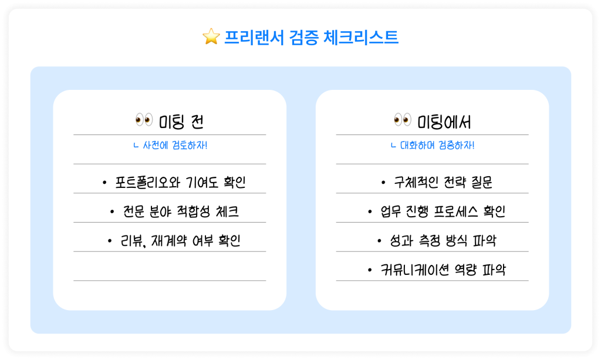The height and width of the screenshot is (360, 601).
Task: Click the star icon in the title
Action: pyautogui.click(x=211, y=38)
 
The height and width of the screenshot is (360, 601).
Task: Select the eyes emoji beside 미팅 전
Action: pyautogui.click(x=144, y=121)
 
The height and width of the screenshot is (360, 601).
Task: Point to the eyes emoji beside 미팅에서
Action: pyautogui.click(x=402, y=121)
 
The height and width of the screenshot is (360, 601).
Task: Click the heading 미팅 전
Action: pyautogui.click(x=182, y=122)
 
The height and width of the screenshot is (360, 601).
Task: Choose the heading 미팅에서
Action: pyautogui.click(x=444, y=122)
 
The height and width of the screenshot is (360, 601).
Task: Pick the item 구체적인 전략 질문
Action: pyautogui.click(x=443, y=183)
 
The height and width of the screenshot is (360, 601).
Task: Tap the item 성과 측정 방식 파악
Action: pyautogui.click(x=443, y=241)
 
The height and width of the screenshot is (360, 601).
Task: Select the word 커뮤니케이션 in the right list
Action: pyautogui.click(x=413, y=270)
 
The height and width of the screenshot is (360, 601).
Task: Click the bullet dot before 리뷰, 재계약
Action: pyautogui.click(x=110, y=241)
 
